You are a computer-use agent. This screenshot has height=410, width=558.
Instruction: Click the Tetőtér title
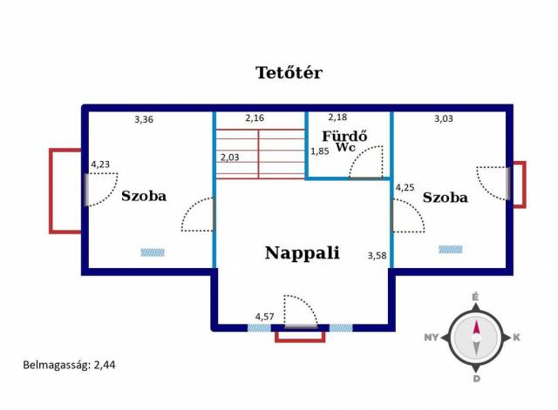pos(289,72)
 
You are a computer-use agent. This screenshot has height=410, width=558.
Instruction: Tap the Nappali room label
pos(303,253)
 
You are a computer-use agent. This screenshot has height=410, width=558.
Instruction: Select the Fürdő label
pos(344,136)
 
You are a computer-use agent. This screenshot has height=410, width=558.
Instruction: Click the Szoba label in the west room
pos(144,196)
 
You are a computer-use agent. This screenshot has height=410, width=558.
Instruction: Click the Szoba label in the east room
pos(446,198)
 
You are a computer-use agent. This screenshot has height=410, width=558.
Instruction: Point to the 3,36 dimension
pos(144,119)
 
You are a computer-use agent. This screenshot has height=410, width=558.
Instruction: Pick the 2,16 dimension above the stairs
pos(255,118)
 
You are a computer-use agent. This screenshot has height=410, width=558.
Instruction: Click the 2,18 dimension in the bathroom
pos(337,117)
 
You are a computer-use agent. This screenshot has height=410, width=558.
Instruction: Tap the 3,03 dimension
pos(444,118)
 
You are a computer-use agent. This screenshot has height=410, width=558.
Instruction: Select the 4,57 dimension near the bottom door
pos(265,317)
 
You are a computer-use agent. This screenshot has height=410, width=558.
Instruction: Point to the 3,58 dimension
pos(377,255)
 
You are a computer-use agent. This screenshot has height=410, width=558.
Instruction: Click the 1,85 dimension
pos(320,151)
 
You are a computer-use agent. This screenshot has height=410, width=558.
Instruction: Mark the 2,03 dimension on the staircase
pos(230,158)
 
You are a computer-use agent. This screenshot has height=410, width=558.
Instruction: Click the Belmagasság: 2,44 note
pos(69,366)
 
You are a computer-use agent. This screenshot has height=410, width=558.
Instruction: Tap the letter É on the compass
pos(475,297)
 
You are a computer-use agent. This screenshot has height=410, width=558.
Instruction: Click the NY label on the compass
pos(431,337)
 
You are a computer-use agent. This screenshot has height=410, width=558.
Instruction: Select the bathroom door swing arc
pos(366,162)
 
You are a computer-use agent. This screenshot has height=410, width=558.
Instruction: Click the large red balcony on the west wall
pos(65,192)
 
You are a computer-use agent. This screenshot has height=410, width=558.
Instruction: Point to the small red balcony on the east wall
pos(520,185)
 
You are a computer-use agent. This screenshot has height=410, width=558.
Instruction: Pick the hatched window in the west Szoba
pos(153,252)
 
